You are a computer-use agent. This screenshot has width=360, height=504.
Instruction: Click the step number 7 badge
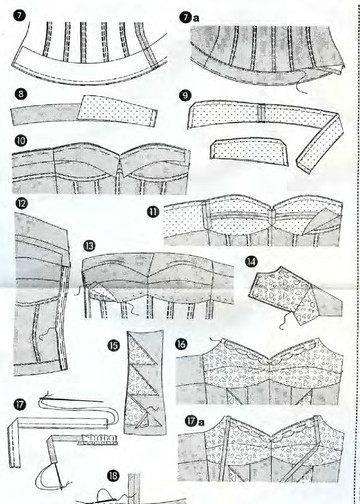[x=20, y=15]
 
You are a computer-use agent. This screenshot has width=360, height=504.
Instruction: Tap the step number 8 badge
[x=21, y=94]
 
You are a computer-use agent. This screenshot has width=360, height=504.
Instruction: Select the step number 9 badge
[x=185, y=96]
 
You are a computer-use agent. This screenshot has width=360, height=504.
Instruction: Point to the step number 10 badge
[x=21, y=140]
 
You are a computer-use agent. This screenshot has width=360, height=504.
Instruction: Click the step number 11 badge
[x=153, y=212]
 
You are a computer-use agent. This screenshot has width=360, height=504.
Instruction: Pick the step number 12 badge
[x=21, y=203]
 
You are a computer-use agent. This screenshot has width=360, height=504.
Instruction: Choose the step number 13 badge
[x=89, y=246]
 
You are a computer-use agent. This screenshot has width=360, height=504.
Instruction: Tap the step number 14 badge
[x=251, y=261]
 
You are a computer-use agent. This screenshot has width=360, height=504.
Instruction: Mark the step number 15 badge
[x=114, y=345]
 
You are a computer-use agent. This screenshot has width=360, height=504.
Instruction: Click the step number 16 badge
[x=181, y=344]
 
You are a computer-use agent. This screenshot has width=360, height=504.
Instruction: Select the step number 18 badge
[x=113, y=476]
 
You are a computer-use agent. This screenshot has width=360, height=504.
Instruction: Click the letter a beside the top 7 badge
[x=196, y=18]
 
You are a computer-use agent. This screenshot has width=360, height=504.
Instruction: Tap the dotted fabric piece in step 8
[x=117, y=109]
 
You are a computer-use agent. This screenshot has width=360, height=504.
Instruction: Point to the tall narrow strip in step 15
[x=145, y=382]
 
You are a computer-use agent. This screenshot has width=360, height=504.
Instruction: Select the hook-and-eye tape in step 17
[x=97, y=440]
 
